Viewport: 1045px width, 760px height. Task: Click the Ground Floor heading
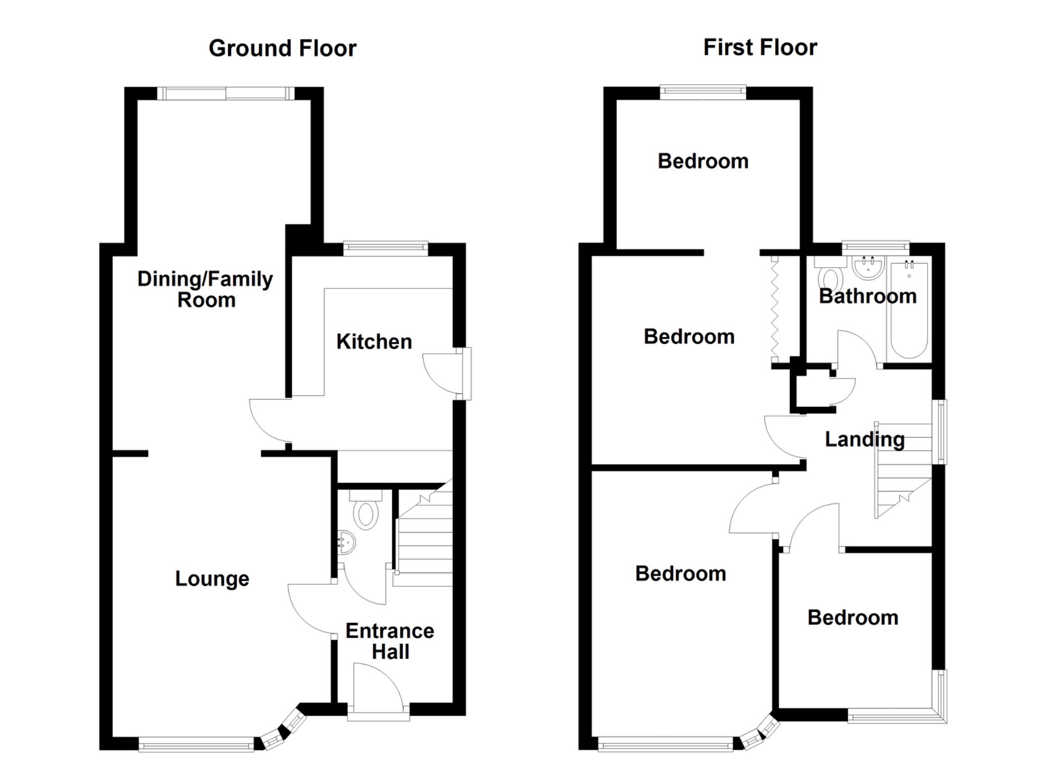point(282,48)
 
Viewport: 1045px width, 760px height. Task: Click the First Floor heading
point(760,47)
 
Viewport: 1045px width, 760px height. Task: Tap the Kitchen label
point(374,341)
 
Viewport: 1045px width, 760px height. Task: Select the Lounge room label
point(212,579)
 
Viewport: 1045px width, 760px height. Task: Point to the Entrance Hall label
point(390,641)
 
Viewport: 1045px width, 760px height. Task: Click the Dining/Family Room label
point(206,289)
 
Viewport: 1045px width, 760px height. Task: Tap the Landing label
point(864,439)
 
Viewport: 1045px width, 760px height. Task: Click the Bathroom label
point(867,296)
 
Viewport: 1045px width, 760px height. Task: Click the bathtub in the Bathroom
point(909,311)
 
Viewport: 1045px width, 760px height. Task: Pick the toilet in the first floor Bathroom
point(830,278)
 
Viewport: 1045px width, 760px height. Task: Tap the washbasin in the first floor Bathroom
point(868,267)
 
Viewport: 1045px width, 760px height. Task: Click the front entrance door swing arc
point(380,684)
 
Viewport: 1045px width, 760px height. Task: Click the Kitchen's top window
point(385,249)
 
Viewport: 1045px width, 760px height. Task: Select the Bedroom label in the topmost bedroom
point(703,161)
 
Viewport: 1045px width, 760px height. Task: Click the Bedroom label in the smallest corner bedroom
point(853,618)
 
